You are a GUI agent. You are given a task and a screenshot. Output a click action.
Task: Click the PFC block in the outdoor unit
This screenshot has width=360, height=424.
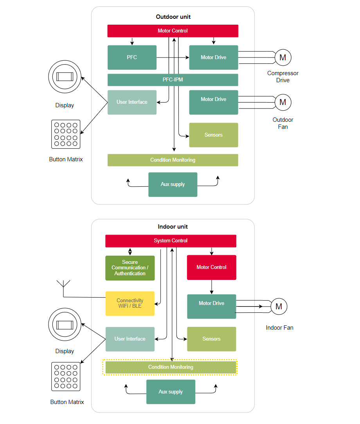(x=132, y=58)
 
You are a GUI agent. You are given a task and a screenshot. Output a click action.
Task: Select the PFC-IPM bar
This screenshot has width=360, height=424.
(x=173, y=80)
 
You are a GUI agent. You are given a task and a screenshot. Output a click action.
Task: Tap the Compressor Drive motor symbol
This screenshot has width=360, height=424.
(x=283, y=58)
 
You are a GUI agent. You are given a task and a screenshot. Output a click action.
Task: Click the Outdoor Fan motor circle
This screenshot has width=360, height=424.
(x=283, y=102)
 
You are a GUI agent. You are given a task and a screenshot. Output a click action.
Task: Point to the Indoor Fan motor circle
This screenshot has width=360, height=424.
(x=279, y=307)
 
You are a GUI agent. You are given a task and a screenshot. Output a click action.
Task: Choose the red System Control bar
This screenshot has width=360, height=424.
(x=171, y=241)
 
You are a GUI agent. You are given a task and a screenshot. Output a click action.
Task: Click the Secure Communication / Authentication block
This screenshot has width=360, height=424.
(x=130, y=268)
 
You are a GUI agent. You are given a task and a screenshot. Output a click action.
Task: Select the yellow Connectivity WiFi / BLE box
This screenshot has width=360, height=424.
(x=130, y=303)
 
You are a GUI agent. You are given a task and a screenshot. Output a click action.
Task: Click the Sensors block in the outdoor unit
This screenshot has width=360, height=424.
(x=213, y=135)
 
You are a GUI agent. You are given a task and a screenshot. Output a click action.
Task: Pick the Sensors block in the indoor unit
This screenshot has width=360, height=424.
(x=211, y=339)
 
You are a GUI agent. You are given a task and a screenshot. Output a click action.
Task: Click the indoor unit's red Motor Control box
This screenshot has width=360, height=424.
(x=211, y=267)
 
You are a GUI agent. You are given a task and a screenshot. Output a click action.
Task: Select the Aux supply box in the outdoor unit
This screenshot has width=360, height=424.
(x=173, y=184)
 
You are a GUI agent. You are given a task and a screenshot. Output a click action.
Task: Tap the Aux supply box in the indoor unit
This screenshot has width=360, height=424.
(x=171, y=392)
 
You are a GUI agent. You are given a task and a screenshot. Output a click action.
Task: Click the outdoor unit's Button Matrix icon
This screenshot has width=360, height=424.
(x=66, y=134)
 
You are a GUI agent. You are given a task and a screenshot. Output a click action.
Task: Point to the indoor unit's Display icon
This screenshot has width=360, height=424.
(x=65, y=325)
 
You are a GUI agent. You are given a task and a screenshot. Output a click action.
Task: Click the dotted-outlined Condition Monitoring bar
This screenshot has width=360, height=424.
(x=171, y=367)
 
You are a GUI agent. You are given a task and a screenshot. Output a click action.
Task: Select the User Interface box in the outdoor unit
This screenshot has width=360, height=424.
(x=132, y=102)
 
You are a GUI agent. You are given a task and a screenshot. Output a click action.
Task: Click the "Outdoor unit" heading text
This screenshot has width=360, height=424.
(x=173, y=17)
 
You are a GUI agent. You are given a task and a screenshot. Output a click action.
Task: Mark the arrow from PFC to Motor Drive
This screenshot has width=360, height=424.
(x=173, y=58)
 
